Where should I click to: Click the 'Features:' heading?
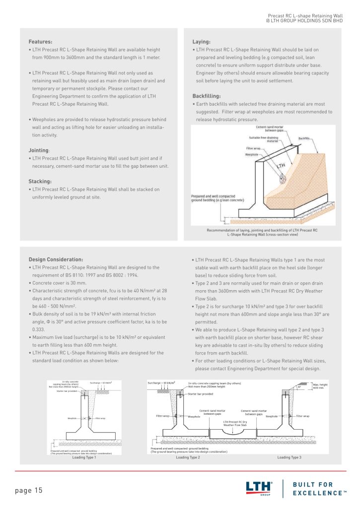pos(40,42)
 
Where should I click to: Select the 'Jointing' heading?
pos(39,150)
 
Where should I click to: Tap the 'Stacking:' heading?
pos(40,181)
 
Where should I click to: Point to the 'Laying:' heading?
pos(201,42)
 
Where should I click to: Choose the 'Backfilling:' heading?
pos(207,96)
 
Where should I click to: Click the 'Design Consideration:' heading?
pos(56,259)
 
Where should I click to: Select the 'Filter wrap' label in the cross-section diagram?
pos(253,148)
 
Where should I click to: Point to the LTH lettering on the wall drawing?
pos(281,165)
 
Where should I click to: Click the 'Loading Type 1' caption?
pos(84,457)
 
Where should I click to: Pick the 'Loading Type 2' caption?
pos(188,457)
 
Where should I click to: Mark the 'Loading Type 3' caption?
pos(289,457)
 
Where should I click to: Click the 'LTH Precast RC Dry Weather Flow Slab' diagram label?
pos(235,423)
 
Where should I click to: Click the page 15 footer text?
pos(29,491)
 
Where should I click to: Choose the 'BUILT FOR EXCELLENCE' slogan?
pos(320,488)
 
